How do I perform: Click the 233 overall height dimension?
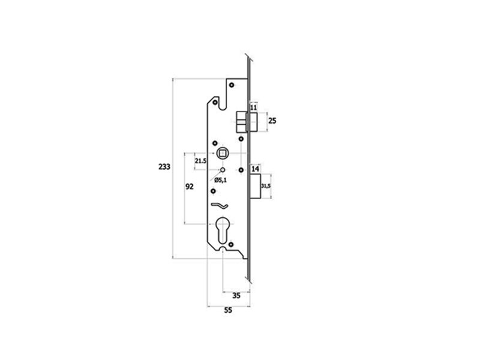pyautogui.click(x=164, y=167)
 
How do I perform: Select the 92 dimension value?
pyautogui.click(x=190, y=187)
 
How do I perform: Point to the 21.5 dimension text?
pyautogui.click(x=201, y=161)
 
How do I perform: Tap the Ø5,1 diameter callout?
pyautogui.click(x=220, y=180)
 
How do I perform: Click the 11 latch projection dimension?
pyautogui.click(x=254, y=108)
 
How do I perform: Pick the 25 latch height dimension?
pyautogui.click(x=272, y=121)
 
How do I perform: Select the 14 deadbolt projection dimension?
pyautogui.click(x=256, y=169)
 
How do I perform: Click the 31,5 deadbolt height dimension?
pyautogui.click(x=265, y=186)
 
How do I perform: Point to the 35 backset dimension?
pyautogui.click(x=236, y=296)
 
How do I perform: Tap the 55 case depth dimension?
pyautogui.click(x=228, y=310)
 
